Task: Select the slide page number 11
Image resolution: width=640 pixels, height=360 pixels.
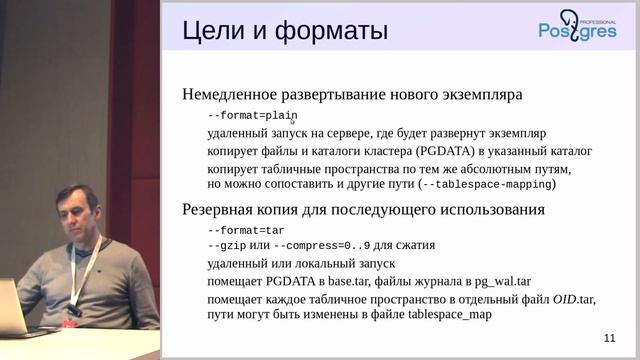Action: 611,338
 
